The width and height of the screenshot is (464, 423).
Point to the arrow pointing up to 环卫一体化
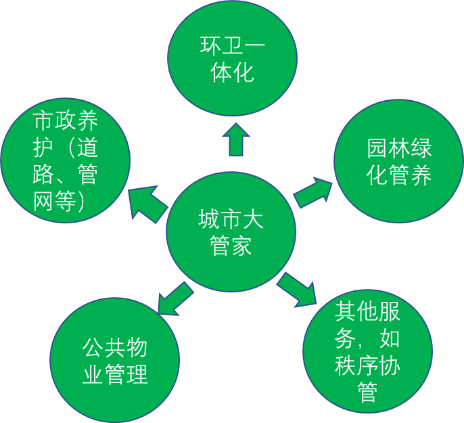[x=235, y=139]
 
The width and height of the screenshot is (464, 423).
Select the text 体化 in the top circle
[x=233, y=72]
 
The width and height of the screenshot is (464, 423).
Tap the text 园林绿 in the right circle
[x=399, y=148]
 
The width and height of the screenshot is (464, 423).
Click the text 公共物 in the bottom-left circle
[x=115, y=348]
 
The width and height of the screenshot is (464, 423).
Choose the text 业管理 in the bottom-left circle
[x=115, y=374]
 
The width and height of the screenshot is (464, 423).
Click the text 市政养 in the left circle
[x=66, y=121]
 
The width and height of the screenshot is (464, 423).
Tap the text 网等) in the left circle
[x=59, y=200]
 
